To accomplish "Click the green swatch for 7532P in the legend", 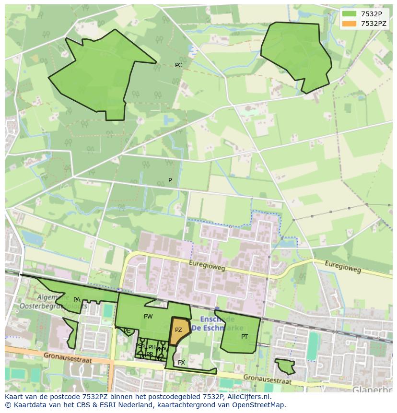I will pos(350,14).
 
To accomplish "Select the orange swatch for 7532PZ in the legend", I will pos(350,24).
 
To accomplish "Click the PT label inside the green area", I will pos(245,337).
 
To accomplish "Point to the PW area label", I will pos(148,317).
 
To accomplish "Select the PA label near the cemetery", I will pos(77,300).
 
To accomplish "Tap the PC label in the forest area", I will pos(178,65).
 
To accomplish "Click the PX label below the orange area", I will pos(181,363).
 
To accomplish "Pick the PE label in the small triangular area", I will pos(127,331).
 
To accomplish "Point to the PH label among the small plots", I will pos(152,347).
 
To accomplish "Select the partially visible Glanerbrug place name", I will pos(372,389).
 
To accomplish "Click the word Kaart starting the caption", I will pos(14,397).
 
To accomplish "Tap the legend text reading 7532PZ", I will pos(374,24).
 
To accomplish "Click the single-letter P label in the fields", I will pos(170,180).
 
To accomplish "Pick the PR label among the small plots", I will pos(150,354).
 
